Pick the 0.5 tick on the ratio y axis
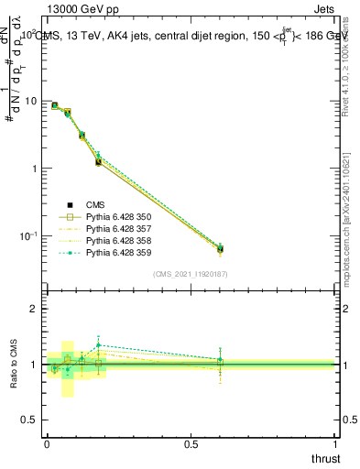[32, 420]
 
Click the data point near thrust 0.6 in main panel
[220, 248]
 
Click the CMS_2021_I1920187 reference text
[191, 273]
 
